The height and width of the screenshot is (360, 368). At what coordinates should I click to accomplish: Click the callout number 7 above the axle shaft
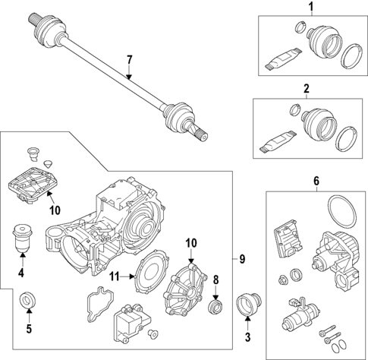tap(129, 59)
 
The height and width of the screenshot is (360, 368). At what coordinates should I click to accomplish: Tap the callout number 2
tap(306, 90)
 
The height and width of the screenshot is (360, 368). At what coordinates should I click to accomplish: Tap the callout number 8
tap(216, 279)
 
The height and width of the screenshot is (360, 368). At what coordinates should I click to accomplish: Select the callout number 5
tap(28, 329)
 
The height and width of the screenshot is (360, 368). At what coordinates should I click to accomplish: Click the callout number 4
tap(21, 271)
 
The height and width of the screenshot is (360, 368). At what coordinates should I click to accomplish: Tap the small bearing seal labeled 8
tap(216, 305)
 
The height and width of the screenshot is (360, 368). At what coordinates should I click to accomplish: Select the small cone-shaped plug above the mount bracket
tap(49, 163)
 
